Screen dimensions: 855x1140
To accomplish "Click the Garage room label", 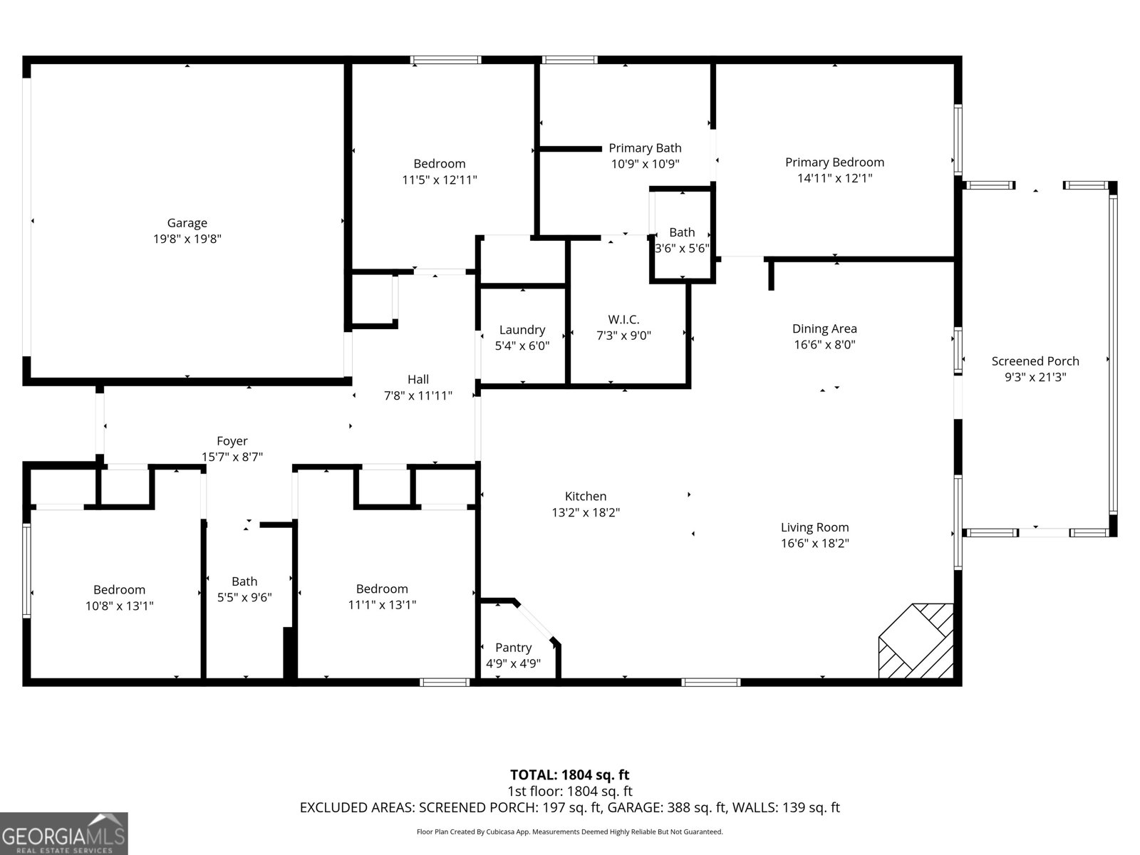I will [x=187, y=223].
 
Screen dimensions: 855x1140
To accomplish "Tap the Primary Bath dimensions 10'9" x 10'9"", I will [x=645, y=164].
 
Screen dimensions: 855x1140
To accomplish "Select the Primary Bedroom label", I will [x=834, y=162].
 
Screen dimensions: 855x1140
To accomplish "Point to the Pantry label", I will [x=513, y=648].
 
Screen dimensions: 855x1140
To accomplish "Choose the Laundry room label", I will [x=522, y=330].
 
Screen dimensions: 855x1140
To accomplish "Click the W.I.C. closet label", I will [x=623, y=320].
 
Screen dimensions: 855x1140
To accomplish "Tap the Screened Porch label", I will [x=1035, y=361].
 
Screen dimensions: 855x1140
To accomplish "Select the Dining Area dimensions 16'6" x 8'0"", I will [x=824, y=345].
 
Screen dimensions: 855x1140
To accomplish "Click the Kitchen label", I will [x=585, y=497].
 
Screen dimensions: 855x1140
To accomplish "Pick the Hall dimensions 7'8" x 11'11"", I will [x=418, y=395].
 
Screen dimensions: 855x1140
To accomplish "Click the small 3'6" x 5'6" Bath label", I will [x=682, y=232].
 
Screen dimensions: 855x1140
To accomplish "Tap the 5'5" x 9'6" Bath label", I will [x=244, y=581].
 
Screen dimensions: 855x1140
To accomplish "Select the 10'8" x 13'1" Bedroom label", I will [x=119, y=590].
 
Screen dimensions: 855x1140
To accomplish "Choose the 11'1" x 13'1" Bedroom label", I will [x=382, y=589].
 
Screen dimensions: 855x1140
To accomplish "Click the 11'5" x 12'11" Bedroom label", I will [x=439, y=164].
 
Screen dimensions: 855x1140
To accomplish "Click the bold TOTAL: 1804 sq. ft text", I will [x=569, y=774].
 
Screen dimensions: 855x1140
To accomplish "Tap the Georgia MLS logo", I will [x=63, y=834].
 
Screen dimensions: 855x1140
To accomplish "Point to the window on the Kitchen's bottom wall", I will [x=710, y=683].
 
